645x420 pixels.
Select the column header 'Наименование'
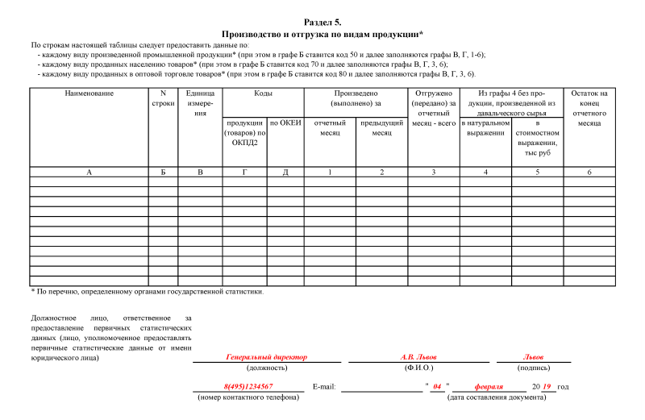[x=89, y=94]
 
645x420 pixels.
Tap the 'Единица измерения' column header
[x=200, y=103]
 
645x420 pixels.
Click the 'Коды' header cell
[x=263, y=94]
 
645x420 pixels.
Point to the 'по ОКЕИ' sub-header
[x=285, y=123]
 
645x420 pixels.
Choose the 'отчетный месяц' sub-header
[x=329, y=127]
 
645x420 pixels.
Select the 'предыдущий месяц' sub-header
[x=381, y=127]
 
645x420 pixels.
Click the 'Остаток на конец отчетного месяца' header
[x=589, y=108]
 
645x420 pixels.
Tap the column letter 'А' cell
[x=89, y=172]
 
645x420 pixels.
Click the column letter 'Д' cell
[x=285, y=172]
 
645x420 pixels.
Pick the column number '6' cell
[x=589, y=172]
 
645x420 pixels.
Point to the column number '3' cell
[x=434, y=172]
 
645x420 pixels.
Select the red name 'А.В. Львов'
[x=419, y=357]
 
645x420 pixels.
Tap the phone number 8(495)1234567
[x=248, y=387]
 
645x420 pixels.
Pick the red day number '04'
[x=437, y=387]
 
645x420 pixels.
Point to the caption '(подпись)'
[x=533, y=368]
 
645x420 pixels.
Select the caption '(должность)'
[x=267, y=368]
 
